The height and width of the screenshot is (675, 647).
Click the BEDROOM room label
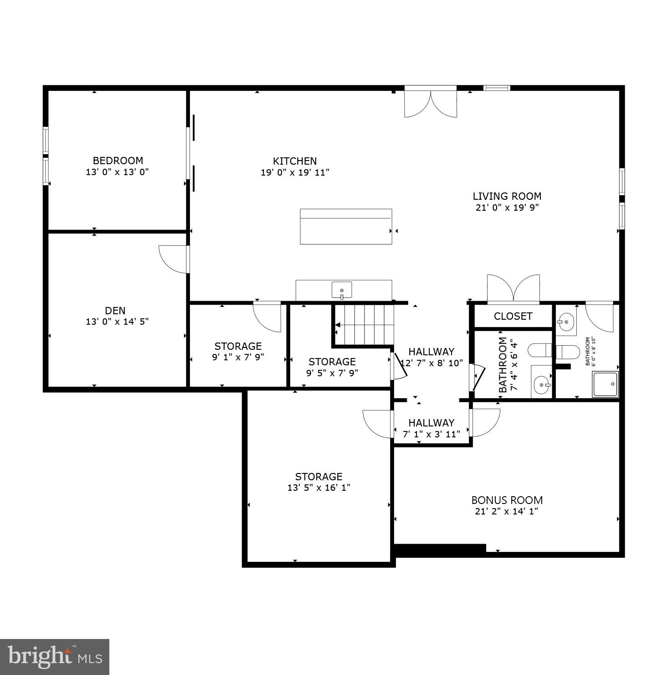[118, 161]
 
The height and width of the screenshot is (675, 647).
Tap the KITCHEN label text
[295, 161]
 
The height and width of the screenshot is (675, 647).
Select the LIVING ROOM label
[507, 196]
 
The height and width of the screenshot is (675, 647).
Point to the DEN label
[115, 311]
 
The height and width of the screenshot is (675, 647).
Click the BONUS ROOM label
[507, 500]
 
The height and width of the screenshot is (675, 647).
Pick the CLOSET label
[513, 316]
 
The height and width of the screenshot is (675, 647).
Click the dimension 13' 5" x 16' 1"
[318, 488]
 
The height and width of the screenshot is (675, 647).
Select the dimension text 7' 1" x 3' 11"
[431, 434]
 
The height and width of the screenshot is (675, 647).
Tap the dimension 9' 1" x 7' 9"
[238, 357]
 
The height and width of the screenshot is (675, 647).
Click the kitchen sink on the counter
[342, 290]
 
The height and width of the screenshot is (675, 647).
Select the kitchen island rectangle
[346, 227]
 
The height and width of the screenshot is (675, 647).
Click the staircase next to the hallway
[365, 325]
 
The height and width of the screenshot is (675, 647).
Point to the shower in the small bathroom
[605, 384]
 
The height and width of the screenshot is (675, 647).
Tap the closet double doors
[513, 289]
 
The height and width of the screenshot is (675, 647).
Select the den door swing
[174, 259]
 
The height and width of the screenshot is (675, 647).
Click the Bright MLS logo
[55, 657]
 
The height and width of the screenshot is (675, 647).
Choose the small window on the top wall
[497, 88]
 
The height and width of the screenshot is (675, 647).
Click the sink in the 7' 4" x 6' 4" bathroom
[542, 385]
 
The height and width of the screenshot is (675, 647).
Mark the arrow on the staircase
[338, 325]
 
